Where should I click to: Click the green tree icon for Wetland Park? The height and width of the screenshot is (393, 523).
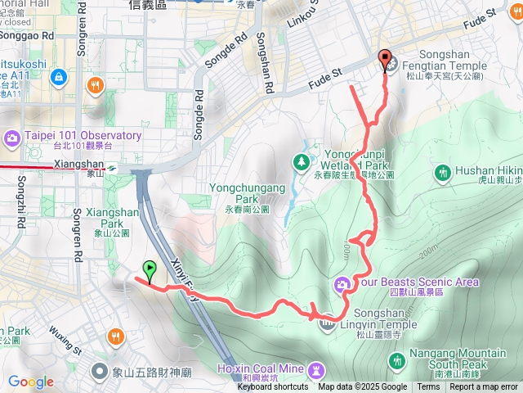pos(302,161)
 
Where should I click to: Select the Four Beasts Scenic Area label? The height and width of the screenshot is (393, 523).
pos(417,282)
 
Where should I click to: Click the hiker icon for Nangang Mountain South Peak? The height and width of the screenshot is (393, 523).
pos(398,359)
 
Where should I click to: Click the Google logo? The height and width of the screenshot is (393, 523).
pos(30,382)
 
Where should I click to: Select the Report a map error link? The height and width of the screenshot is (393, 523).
pos(483,387)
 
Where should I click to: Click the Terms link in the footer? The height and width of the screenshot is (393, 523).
pos(428,387)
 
